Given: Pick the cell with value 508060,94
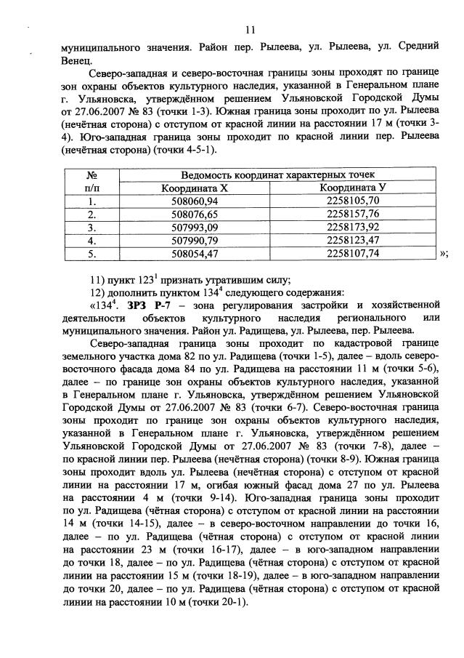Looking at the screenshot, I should pos(194,201).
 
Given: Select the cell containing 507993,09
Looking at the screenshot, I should pos(194,228).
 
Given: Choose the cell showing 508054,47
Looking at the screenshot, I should pos(194,254).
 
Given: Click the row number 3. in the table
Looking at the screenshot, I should pos(91,228).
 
